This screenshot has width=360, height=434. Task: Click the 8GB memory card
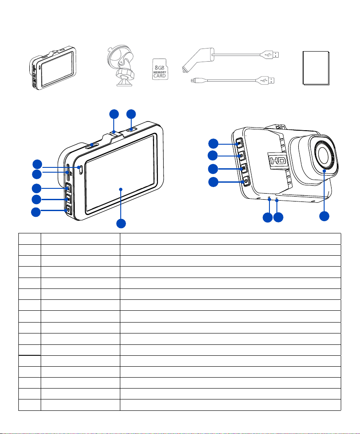tap(160, 69)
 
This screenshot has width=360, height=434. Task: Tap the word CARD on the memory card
tap(160, 76)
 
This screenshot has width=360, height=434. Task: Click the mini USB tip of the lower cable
tap(193, 80)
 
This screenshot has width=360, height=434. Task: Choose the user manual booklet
tap(316, 68)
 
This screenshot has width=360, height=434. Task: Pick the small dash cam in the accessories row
tap(52, 68)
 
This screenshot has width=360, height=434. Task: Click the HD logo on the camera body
tap(278, 160)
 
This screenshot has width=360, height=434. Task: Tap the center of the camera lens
tap(323, 154)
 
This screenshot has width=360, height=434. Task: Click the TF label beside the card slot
tap(70, 174)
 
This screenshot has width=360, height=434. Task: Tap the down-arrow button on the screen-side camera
tap(68, 210)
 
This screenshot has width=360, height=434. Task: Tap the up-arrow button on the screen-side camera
tap(68, 188)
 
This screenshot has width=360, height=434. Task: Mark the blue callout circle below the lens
tap(324, 216)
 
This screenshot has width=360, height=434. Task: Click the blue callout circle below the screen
tap(121, 223)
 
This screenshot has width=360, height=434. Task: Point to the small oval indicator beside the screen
tap(80, 170)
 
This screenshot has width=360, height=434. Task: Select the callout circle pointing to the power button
tap(213, 182)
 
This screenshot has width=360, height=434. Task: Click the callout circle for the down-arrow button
tap(36, 212)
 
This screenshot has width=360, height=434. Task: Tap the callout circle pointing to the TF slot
tap(37, 174)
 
